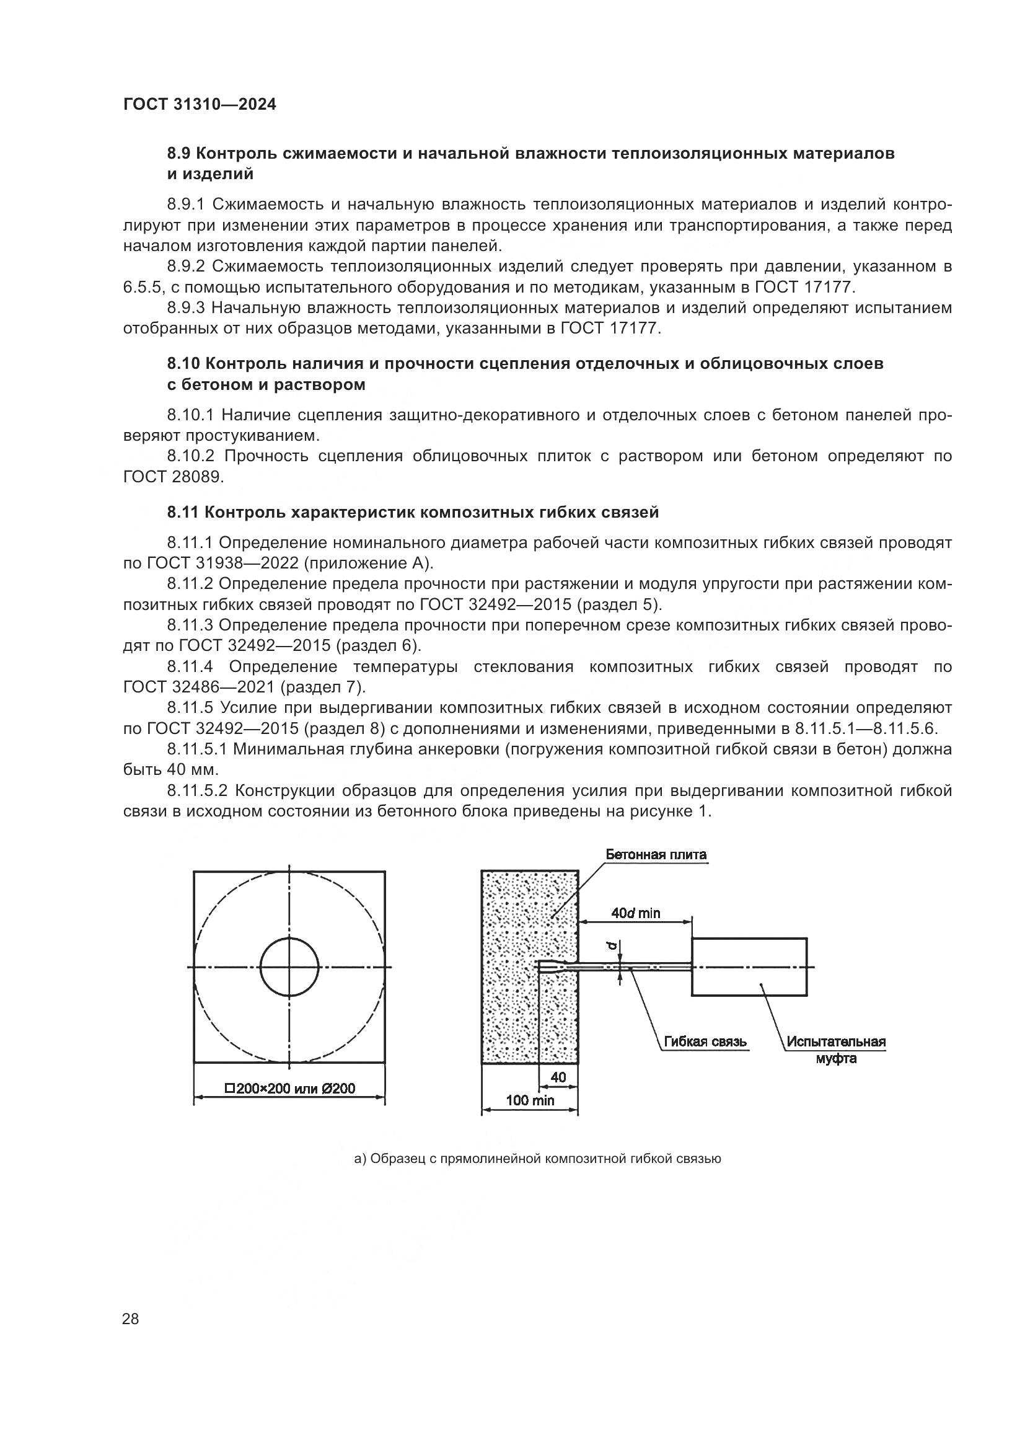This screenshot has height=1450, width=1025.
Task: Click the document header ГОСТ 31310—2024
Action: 200,105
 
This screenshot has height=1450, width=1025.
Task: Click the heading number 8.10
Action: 184,364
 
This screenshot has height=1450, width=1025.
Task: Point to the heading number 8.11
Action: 183,512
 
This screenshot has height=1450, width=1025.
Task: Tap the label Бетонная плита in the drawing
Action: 656,855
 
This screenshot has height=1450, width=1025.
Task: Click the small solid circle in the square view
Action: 289,967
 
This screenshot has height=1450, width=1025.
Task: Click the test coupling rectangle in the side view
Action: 749,967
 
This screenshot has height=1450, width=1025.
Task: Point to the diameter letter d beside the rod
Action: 611,947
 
